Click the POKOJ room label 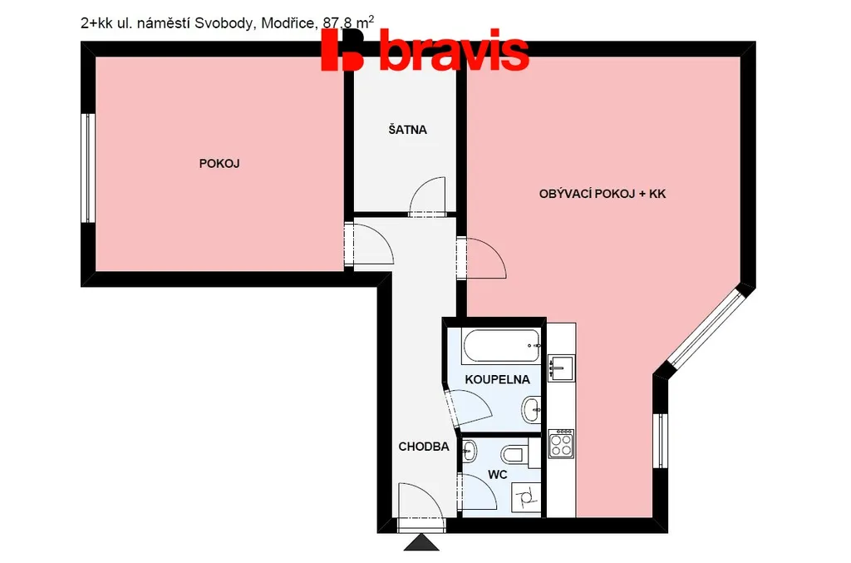[x=219, y=164]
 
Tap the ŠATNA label [x=407, y=129]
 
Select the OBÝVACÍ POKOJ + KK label [x=603, y=194]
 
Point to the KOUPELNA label [x=497, y=379]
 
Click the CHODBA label [x=424, y=447]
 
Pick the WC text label [x=498, y=475]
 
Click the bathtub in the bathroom [x=501, y=347]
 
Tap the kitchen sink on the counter [x=561, y=368]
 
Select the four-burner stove [x=561, y=444]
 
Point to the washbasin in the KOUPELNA [x=531, y=410]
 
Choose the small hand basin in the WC [x=469, y=451]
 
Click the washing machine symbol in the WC [x=526, y=496]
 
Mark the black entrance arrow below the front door [x=421, y=543]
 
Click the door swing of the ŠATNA [x=427, y=196]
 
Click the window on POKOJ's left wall [x=88, y=168]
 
